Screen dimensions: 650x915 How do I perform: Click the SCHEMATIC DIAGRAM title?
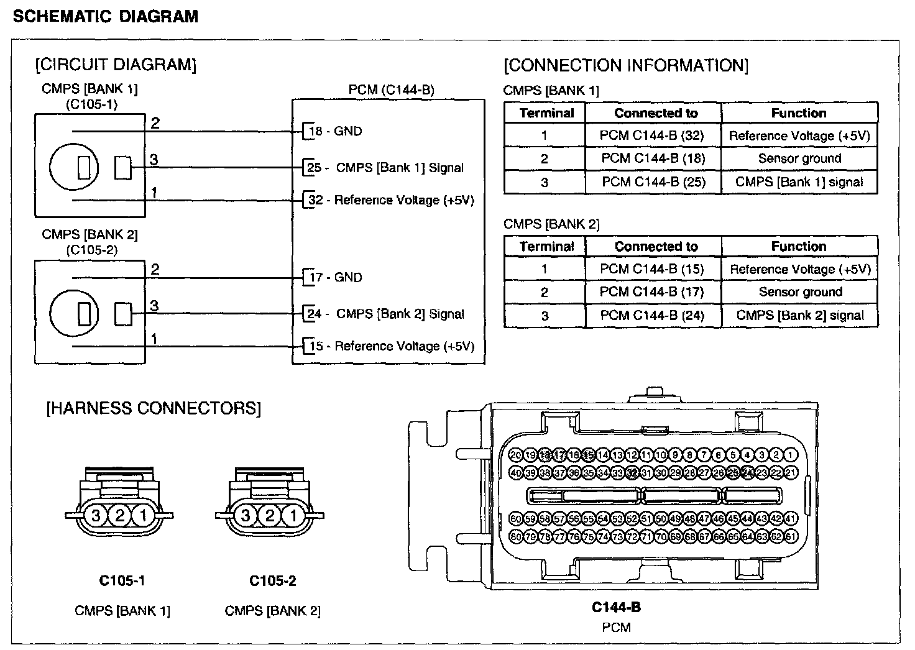105,17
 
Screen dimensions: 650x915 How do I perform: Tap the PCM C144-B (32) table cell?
653,135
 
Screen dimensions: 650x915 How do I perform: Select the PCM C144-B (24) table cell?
653,315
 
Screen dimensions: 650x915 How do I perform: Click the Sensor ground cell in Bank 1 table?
799,158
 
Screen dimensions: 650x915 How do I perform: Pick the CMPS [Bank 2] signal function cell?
799,315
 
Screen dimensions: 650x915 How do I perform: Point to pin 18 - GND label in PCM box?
335,131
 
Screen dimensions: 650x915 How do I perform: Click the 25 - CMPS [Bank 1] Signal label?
385,168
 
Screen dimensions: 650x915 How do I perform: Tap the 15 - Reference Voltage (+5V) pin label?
392,346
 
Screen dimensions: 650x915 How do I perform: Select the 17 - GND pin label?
335,277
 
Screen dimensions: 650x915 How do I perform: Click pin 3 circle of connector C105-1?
96,515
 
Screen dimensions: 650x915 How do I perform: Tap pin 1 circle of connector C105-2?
293,515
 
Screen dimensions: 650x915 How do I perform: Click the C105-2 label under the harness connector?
272,581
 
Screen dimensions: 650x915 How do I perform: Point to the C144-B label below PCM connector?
616,607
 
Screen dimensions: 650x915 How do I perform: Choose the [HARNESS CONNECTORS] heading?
154,408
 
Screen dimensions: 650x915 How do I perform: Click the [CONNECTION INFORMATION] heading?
626,65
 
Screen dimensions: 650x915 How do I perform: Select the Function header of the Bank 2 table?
799,246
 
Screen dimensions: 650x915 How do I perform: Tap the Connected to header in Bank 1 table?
656,113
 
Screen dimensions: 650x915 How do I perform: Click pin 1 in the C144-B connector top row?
791,455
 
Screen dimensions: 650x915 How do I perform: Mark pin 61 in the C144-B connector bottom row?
791,536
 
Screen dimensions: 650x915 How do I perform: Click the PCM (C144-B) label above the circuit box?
391,90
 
